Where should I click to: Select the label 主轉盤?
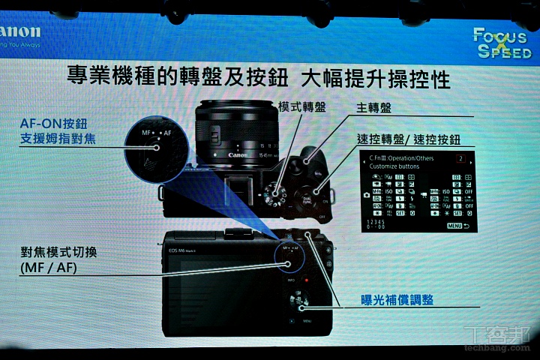374,108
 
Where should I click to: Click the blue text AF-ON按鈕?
53,122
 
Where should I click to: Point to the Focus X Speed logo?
502,43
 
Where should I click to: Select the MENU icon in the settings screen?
457,226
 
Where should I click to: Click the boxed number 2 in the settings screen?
460,159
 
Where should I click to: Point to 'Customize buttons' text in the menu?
393,166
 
